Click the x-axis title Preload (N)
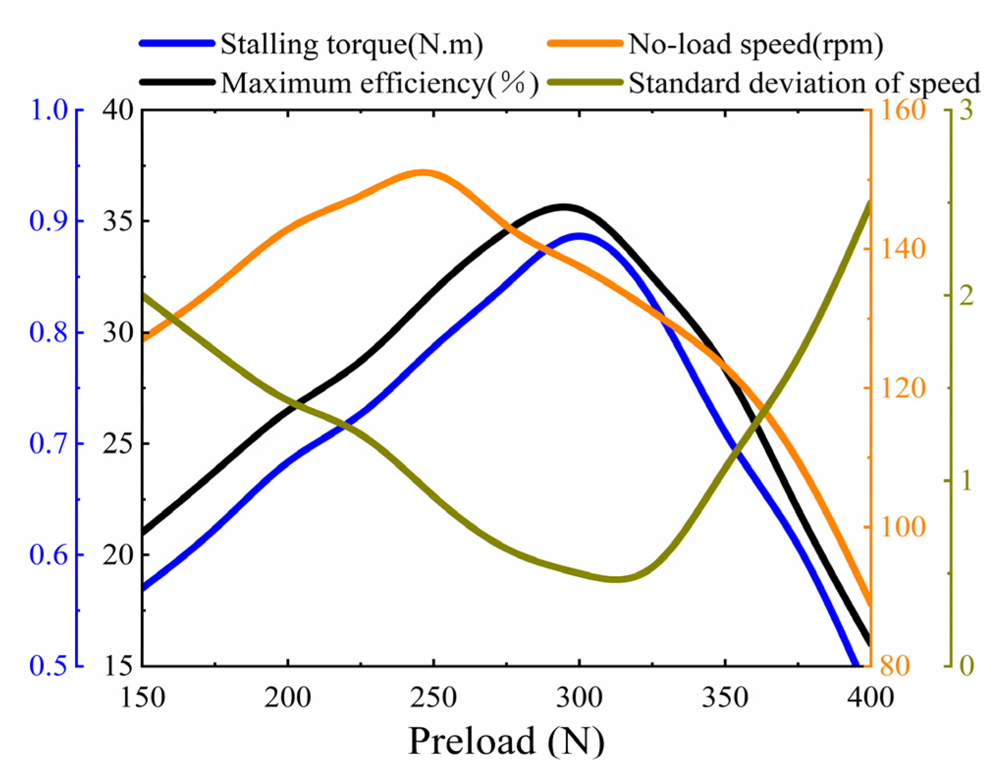[506, 740]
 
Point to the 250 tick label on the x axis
[433, 697]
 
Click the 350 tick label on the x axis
[725, 697]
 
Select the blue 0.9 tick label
[48, 221]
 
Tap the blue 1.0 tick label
[48, 110]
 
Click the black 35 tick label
[118, 221]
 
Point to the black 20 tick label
[118, 555]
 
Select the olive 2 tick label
[966, 296]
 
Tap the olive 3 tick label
[966, 110]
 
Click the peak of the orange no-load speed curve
[423, 173]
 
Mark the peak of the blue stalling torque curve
[580, 236]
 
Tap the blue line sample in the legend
[177, 44]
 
